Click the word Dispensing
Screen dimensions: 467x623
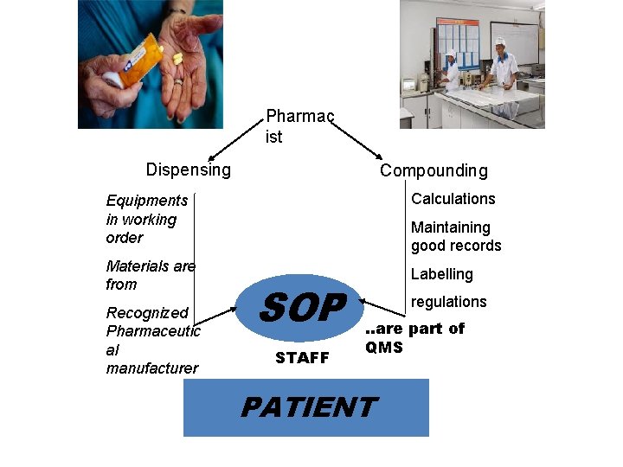click(x=189, y=170)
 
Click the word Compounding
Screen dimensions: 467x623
click(x=434, y=170)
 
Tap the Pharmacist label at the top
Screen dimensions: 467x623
click(x=299, y=126)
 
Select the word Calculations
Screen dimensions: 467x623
click(x=453, y=199)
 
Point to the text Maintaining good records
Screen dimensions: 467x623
click(x=456, y=236)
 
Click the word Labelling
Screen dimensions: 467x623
click(x=442, y=274)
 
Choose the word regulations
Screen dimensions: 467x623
click(x=448, y=302)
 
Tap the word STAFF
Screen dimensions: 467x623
click(x=302, y=358)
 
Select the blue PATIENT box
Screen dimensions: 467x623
click(x=306, y=407)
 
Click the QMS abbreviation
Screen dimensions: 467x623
click(x=384, y=348)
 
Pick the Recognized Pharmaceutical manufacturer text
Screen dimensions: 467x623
click(x=153, y=341)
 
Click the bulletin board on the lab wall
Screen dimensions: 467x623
click(x=459, y=44)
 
